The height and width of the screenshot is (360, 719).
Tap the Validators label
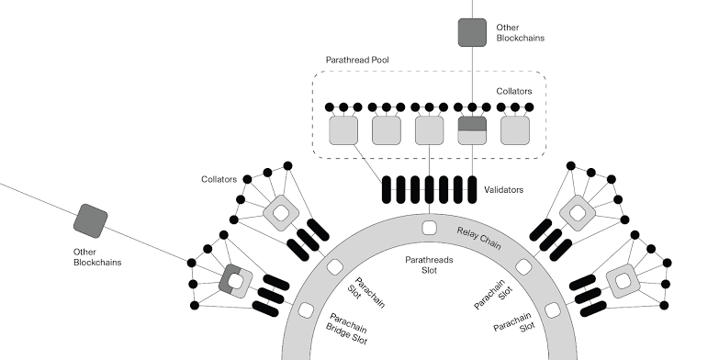(504, 190)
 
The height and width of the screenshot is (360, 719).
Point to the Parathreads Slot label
(429, 265)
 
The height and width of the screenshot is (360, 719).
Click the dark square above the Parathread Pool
(473, 32)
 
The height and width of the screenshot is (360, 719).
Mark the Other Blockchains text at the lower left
(97, 256)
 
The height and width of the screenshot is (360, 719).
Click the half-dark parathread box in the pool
(473, 130)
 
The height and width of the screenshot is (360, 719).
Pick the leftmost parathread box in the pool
(343, 130)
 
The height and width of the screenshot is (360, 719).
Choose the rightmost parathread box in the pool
(516, 130)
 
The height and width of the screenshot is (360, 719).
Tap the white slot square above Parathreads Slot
(429, 228)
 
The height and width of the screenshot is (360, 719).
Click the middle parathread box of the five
(430, 130)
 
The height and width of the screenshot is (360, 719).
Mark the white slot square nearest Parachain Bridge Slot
(307, 309)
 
